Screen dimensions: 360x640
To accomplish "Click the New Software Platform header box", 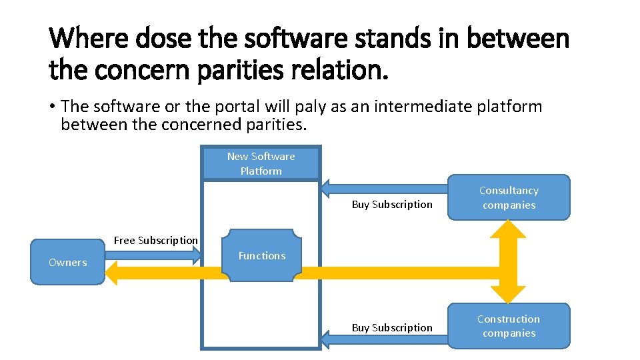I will point(261,163).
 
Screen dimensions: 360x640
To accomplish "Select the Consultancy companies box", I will point(509,197).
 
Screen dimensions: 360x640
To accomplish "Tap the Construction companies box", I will point(509,326).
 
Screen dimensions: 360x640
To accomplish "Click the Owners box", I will point(67,262).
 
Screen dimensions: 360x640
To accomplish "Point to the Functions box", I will point(261,255).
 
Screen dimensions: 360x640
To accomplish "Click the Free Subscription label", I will point(155,240).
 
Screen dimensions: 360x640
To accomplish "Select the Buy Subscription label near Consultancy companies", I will point(392,204).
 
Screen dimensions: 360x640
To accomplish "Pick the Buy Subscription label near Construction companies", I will point(392,327).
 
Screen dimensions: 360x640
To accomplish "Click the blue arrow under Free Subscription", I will point(153,254).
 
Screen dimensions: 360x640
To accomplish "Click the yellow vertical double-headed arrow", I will point(509,262).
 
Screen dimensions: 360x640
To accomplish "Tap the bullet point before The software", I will point(52,107).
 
